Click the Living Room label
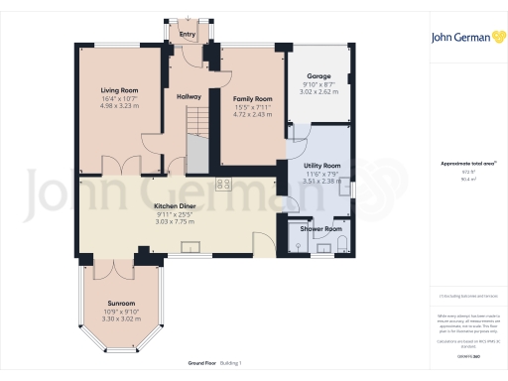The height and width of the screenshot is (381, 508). [120, 90]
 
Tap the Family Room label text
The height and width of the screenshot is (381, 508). [253, 99]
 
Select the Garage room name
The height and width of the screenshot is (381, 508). [317, 76]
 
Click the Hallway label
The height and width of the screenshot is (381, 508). [189, 96]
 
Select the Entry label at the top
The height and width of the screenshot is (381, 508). [187, 35]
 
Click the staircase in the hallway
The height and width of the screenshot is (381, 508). [194, 124]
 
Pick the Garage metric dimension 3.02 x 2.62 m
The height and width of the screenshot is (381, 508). [317, 93]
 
